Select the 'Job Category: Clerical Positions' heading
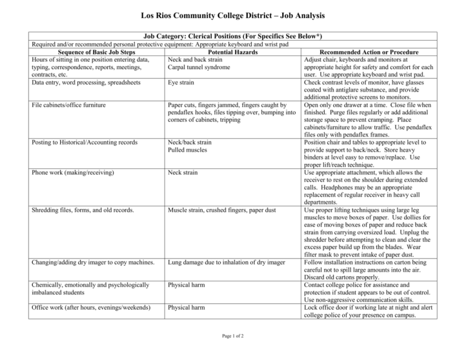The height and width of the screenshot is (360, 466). [x=232, y=36]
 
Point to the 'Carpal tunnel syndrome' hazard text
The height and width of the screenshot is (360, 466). [x=199, y=67]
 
